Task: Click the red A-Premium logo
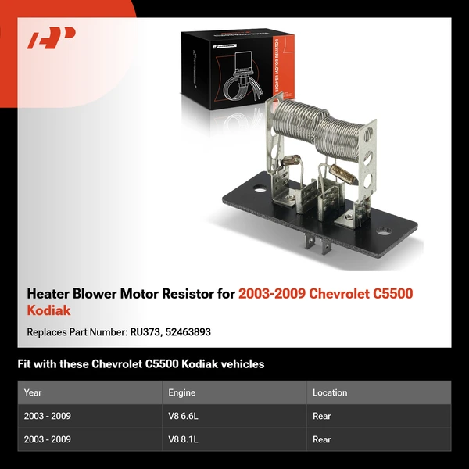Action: [52, 38]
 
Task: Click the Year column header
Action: [33, 392]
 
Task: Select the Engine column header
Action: [181, 392]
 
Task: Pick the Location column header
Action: [330, 392]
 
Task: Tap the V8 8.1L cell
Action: [184, 439]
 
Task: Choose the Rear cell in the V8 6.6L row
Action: [322, 416]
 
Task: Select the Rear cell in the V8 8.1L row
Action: [322, 439]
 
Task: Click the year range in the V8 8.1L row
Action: [47, 439]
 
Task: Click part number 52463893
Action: [188, 332]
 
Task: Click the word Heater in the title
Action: [51, 294]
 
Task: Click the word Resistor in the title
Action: [187, 294]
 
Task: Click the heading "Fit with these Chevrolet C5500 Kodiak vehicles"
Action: [141, 363]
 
